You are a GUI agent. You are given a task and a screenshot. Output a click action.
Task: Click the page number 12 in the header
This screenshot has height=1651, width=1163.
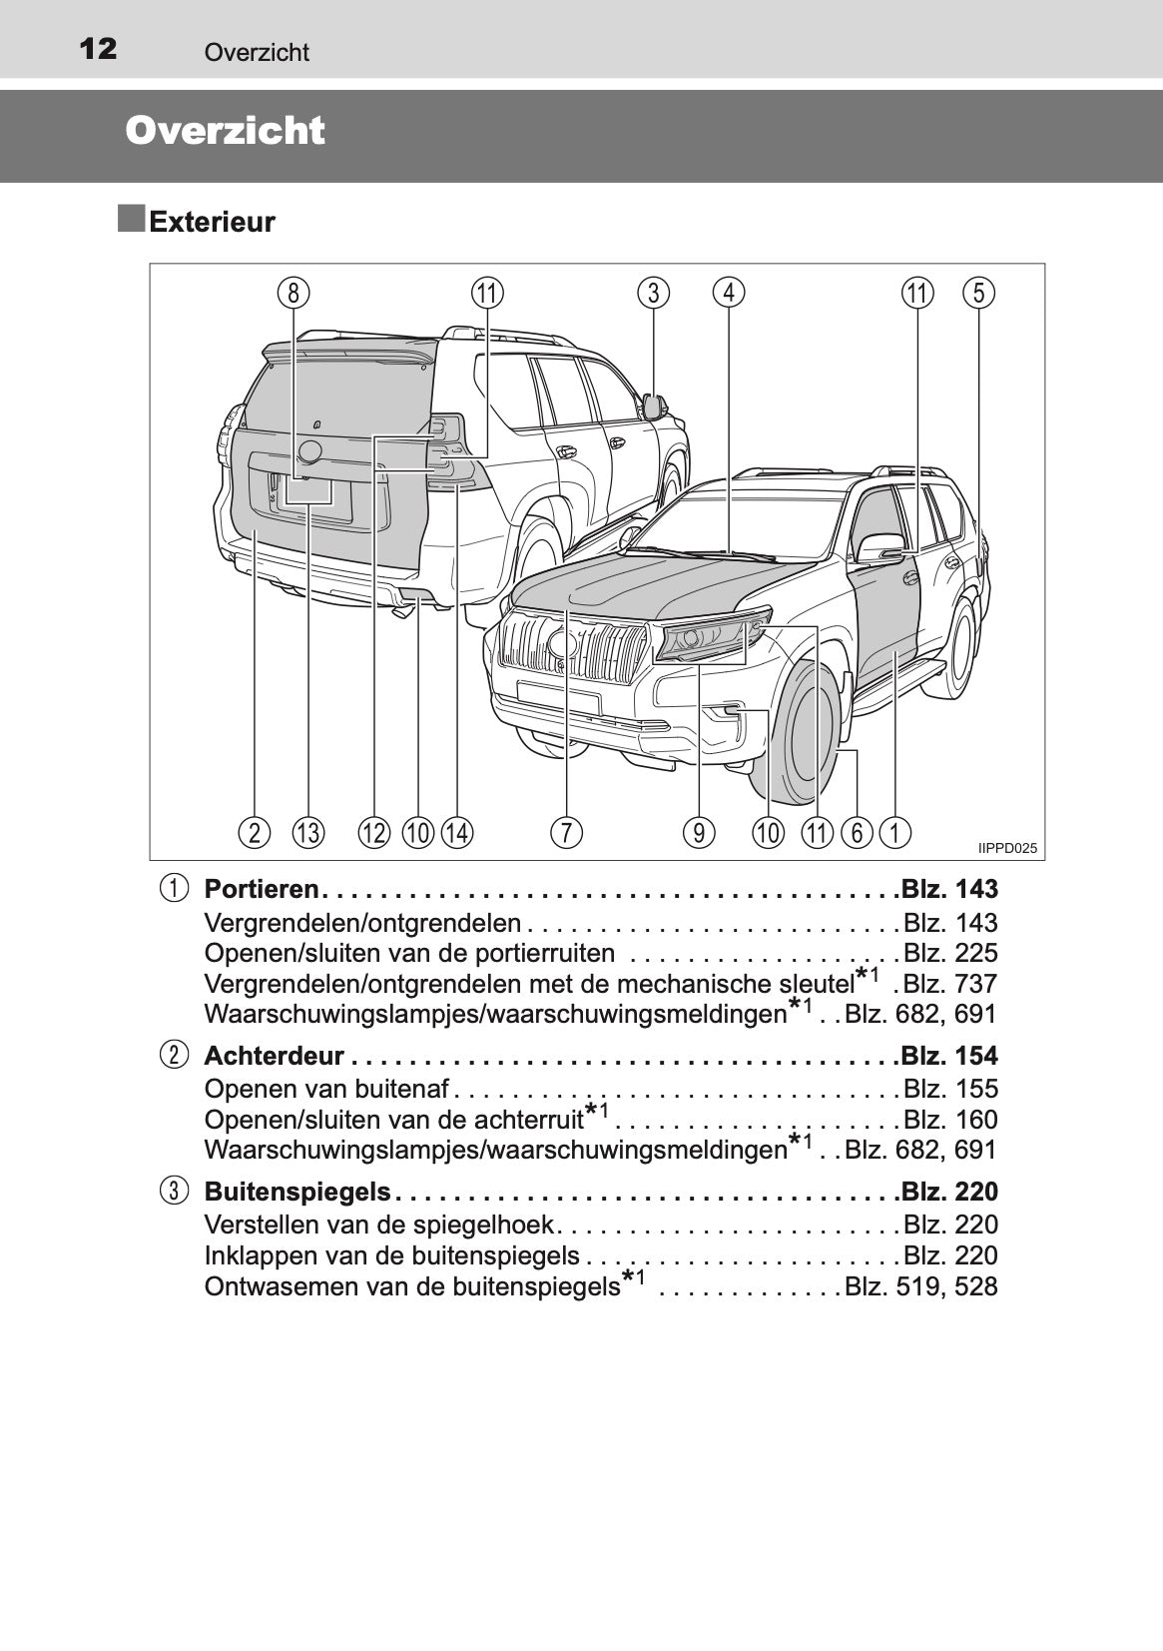coord(98,47)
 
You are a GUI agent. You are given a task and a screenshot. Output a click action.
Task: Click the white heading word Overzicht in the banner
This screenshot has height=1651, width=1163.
coord(226,131)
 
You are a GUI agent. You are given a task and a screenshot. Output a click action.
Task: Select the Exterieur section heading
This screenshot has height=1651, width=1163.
coord(212,222)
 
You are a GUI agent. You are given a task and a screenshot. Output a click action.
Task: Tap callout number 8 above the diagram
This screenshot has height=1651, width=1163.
coord(292,293)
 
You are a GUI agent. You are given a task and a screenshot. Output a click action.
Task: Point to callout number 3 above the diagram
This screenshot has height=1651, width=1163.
coord(653,293)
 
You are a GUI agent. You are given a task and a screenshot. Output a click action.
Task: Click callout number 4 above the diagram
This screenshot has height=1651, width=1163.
coord(729,293)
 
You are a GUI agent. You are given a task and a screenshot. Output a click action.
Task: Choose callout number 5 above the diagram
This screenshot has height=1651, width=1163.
coord(978,293)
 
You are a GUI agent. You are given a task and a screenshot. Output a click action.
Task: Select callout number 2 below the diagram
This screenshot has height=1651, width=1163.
coord(255,832)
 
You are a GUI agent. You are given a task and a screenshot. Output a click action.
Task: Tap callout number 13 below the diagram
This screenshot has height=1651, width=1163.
coord(308,832)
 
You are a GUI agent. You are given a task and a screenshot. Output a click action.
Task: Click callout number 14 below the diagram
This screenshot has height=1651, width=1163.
coord(456,832)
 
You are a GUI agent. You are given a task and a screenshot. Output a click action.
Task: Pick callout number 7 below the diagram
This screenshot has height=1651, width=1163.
coord(566,832)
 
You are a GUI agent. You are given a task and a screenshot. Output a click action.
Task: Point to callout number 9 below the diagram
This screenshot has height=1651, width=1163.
coord(699,832)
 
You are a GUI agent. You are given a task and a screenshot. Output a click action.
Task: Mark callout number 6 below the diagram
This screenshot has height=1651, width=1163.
coord(857,832)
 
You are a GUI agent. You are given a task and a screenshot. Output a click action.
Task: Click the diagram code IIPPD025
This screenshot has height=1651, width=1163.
coord(1007,849)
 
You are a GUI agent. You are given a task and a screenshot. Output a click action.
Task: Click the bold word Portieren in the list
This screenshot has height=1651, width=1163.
coord(261,889)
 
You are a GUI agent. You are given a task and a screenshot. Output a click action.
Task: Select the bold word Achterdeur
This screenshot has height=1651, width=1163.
coord(274,1056)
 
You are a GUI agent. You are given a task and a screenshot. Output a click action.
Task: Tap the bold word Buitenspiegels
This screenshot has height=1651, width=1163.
coord(296,1192)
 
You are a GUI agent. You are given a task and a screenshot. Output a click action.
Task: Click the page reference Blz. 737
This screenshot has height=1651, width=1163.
coord(949,984)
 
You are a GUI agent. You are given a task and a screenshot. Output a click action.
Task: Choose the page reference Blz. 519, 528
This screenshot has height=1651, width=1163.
coord(920,1286)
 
